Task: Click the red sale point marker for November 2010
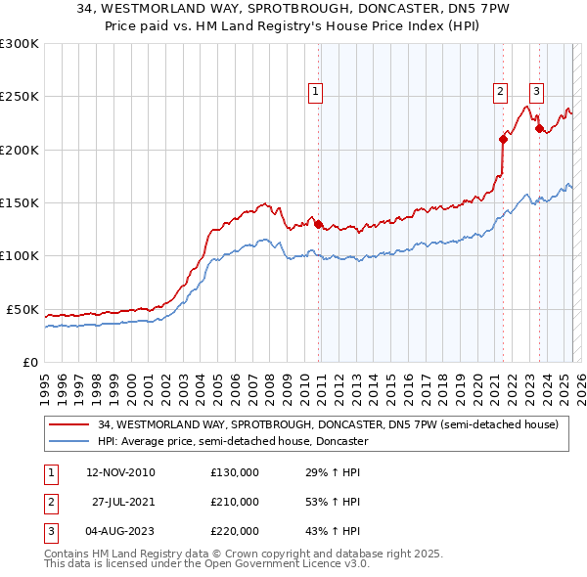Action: [x=319, y=224]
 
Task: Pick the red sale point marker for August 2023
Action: [x=539, y=128]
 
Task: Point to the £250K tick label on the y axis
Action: [x=20, y=97]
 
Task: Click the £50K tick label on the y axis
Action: [x=23, y=309]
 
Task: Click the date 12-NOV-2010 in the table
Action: [x=120, y=472]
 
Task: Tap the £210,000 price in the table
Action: [x=235, y=502]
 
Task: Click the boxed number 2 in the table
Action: [x=49, y=502]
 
